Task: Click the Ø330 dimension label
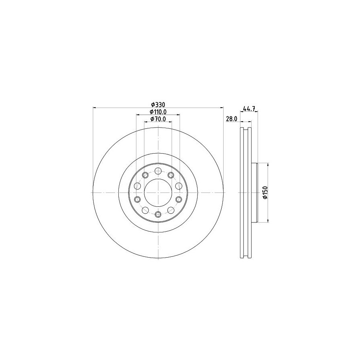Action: (158, 105)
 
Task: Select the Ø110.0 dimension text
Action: (158, 112)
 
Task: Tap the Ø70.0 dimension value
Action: (158, 119)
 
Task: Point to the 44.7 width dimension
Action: (249, 109)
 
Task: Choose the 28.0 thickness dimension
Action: (232, 119)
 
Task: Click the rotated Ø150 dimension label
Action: (266, 193)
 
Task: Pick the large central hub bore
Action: (158, 192)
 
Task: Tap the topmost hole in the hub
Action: (158, 171)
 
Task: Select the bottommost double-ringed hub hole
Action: (158, 214)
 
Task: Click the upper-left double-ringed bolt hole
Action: (145, 175)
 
